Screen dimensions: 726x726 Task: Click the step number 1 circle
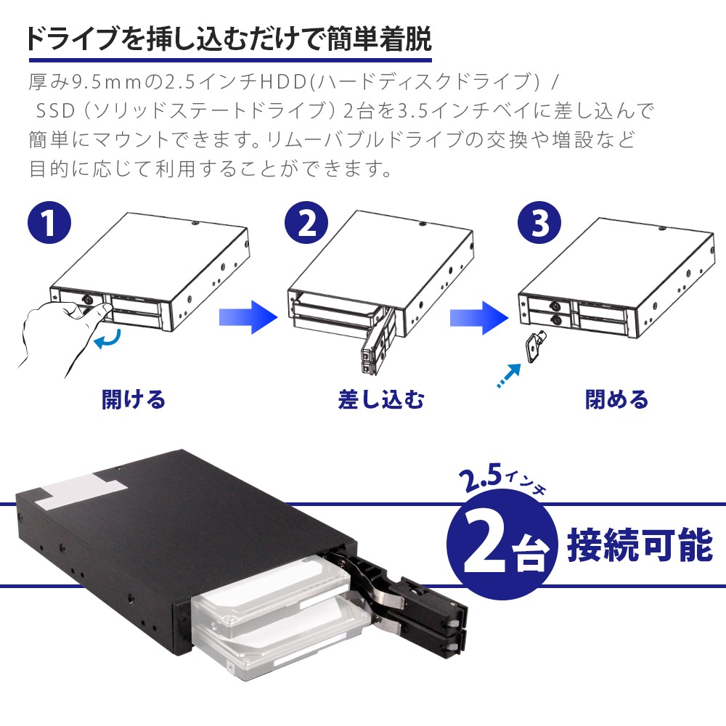click(49, 223)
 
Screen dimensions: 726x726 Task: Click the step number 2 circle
click(306, 223)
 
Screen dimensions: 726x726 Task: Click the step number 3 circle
click(539, 223)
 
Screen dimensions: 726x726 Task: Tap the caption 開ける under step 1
click(134, 399)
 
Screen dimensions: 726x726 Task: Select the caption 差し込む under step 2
click(381, 399)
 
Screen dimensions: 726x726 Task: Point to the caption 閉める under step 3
click(617, 399)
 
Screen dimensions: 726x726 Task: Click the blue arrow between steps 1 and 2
click(248, 317)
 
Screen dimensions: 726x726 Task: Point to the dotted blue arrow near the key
click(509, 375)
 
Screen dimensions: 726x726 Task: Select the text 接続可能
click(640, 545)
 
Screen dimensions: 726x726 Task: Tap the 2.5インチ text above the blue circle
click(503, 480)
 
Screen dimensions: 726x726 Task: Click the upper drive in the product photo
click(273, 584)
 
